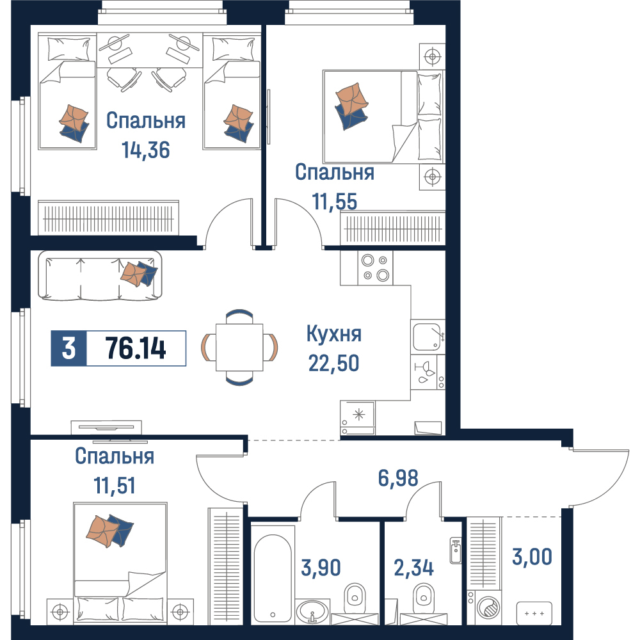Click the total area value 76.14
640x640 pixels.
(x=136, y=348)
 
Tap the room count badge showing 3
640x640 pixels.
(x=68, y=348)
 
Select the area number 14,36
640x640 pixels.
(x=146, y=150)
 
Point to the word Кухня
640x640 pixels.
(x=334, y=334)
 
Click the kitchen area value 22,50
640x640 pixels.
(x=334, y=363)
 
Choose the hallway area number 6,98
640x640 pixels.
(x=398, y=478)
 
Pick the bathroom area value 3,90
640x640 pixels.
(x=321, y=568)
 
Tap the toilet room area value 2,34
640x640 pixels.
(x=413, y=568)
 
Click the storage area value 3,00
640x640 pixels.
(x=532, y=557)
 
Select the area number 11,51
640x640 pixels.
(x=115, y=485)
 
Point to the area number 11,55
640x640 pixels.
(x=335, y=202)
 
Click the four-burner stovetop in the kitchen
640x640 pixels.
(x=376, y=268)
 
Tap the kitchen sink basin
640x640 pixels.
(x=426, y=337)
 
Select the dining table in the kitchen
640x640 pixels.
(x=239, y=348)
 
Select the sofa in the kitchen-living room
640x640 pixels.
(x=100, y=275)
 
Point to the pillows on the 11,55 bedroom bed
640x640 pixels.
(x=430, y=116)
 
